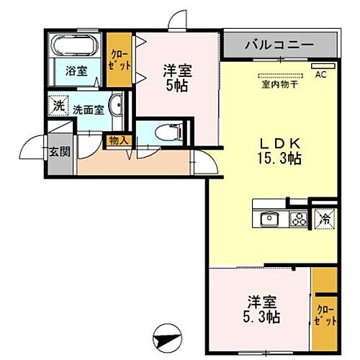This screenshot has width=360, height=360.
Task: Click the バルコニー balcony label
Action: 279,45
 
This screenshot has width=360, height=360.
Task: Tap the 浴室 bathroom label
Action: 76,71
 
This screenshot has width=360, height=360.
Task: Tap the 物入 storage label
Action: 117,141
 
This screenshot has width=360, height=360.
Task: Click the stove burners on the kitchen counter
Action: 298,218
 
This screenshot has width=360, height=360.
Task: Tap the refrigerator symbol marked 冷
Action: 325,218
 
